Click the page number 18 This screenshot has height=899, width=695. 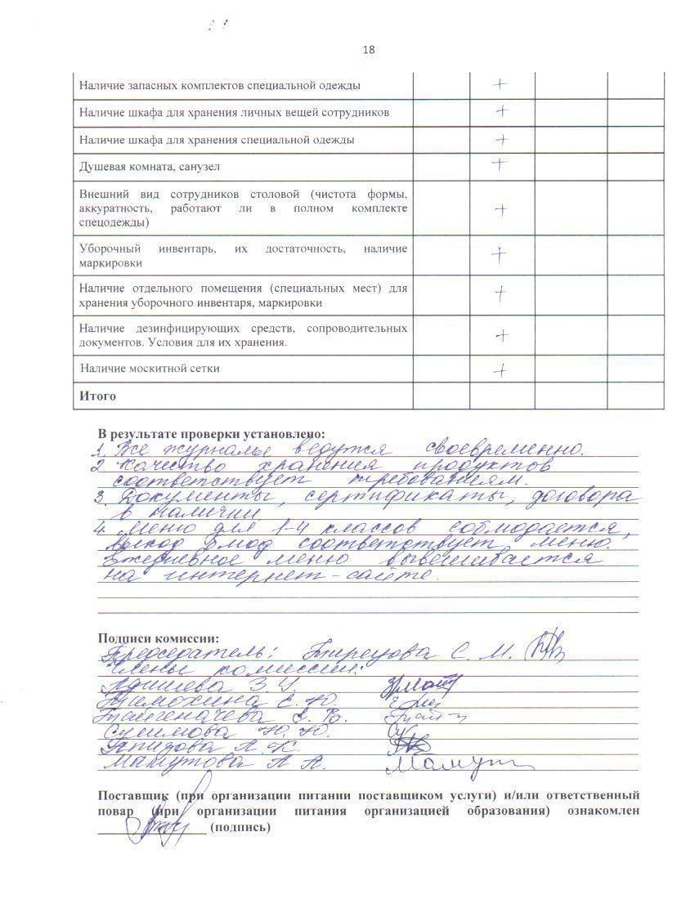tap(368, 50)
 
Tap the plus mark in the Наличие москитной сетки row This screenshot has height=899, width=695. tap(500, 370)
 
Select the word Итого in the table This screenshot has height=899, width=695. tap(97, 396)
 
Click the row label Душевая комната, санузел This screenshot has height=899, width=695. tap(150, 167)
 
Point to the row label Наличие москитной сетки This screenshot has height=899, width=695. tap(150, 369)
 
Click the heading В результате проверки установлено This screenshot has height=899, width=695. tap(211, 433)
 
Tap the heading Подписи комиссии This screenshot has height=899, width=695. tap(159, 638)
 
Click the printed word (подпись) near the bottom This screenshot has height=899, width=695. tap(240, 827)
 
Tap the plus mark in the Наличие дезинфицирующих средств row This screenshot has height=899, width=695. tap(500, 335)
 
